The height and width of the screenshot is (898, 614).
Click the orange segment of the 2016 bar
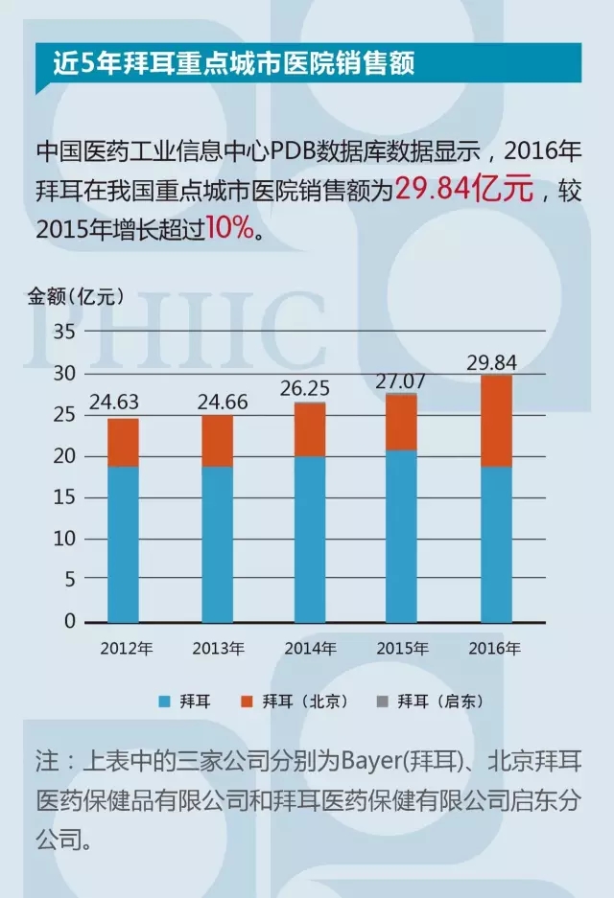point(496,421)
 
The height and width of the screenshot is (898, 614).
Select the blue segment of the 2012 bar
point(123,543)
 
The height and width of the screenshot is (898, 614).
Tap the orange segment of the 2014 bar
point(310,429)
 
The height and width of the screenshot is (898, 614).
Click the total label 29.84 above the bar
point(495,362)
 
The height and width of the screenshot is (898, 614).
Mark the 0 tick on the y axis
point(68,621)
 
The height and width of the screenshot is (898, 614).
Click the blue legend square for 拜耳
point(163,701)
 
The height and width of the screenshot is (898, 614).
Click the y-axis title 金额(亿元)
point(75,295)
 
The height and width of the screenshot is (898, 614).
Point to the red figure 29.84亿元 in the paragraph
point(465,190)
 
